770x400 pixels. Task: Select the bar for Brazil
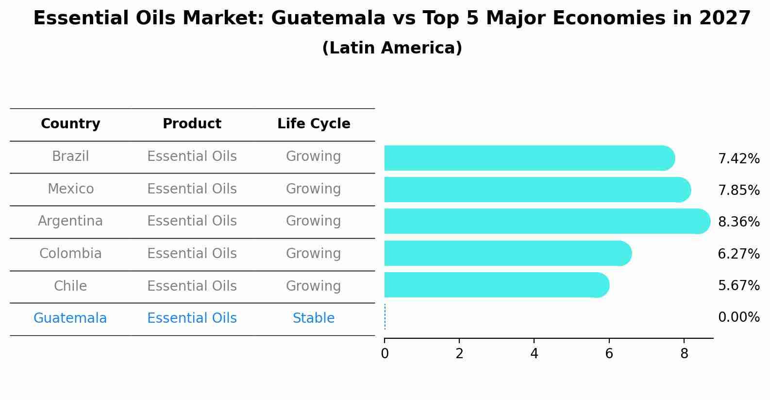(529, 158)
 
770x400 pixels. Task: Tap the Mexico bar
(537, 190)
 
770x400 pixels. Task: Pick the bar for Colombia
(507, 253)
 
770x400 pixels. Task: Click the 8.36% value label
(738, 222)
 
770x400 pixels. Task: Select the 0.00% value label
(738, 317)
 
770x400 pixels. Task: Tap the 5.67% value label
(738, 286)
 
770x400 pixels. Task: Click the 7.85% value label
(738, 191)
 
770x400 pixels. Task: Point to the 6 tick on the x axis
(609, 354)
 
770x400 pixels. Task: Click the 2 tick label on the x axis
(459, 354)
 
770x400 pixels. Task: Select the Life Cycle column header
(314, 124)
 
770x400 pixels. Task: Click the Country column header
(70, 124)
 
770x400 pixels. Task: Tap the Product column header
(192, 124)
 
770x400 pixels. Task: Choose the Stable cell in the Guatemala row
(314, 318)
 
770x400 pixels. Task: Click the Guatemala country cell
(70, 318)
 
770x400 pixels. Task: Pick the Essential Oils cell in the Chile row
(192, 286)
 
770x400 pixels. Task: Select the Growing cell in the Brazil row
(314, 157)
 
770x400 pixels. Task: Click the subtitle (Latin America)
(392, 48)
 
